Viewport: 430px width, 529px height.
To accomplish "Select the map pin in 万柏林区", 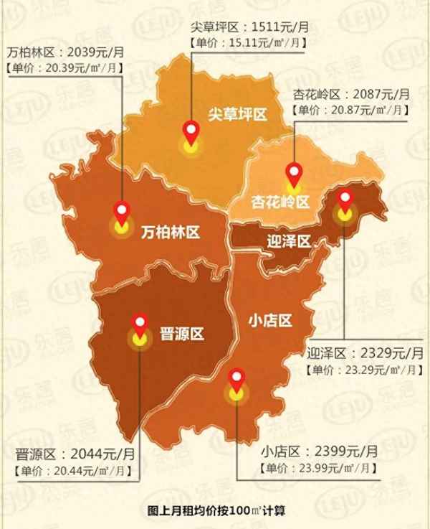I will pyautogui.click(x=122, y=213).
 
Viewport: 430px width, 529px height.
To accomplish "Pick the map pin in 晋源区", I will pyautogui.click(x=138, y=324).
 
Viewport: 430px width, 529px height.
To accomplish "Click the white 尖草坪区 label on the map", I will pyautogui.click(x=237, y=114).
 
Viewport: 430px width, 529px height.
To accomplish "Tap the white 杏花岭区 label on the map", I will pyautogui.click(x=279, y=202).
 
